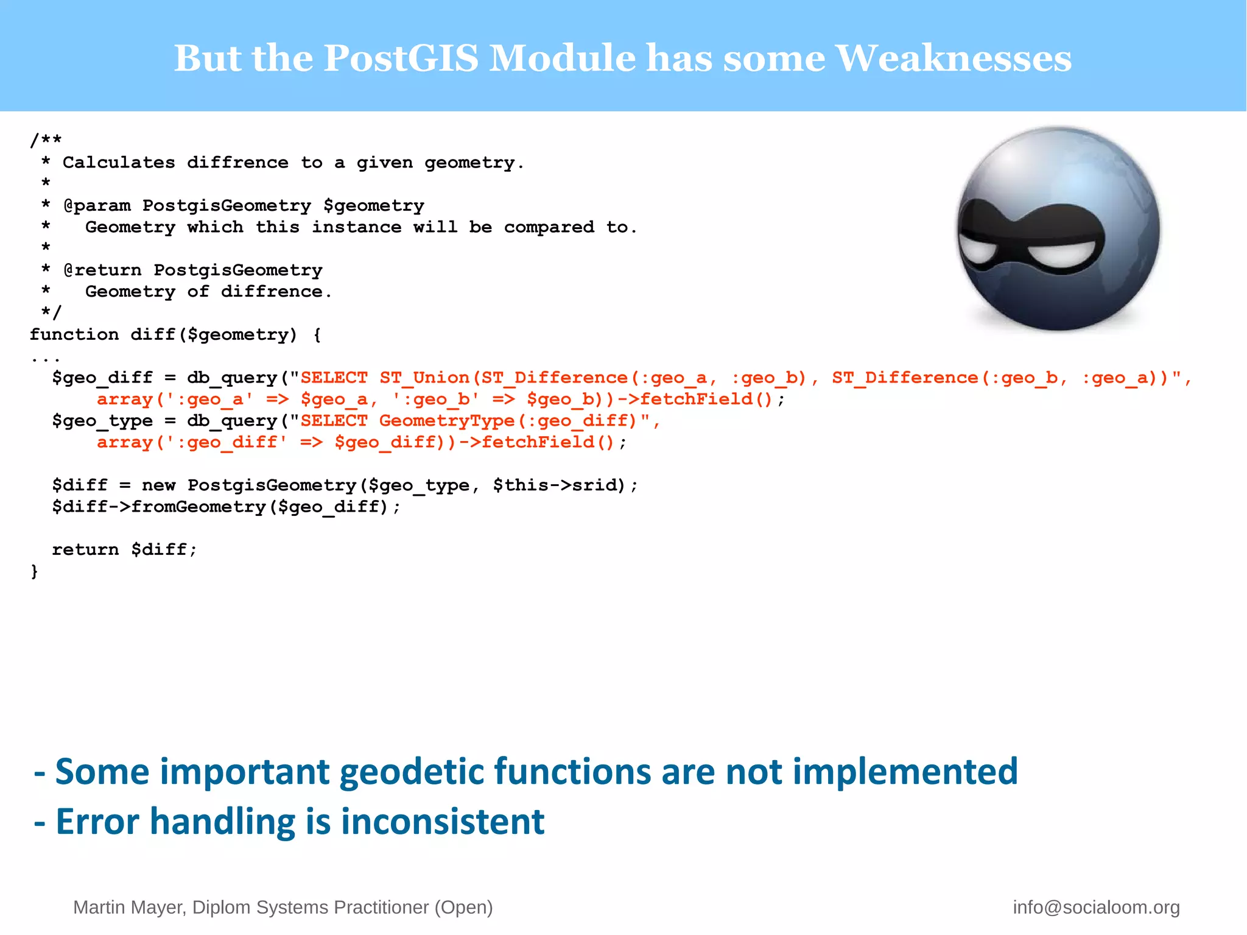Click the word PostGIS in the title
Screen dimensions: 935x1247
400,58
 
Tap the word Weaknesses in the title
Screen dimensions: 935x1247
953,58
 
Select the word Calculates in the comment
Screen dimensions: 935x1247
119,163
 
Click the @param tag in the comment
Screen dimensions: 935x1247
97,206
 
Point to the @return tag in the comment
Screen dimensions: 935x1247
102,270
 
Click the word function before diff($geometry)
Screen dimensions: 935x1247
74,334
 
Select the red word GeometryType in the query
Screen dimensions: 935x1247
447,421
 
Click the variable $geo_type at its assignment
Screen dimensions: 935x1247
102,421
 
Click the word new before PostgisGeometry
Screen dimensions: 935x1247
158,485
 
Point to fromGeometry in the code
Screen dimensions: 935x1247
198,507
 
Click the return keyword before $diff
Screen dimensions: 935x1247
85,549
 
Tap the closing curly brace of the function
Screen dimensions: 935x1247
35,571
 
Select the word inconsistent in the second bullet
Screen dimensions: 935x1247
443,822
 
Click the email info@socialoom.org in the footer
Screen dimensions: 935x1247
1096,907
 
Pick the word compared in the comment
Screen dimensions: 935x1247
549,227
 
